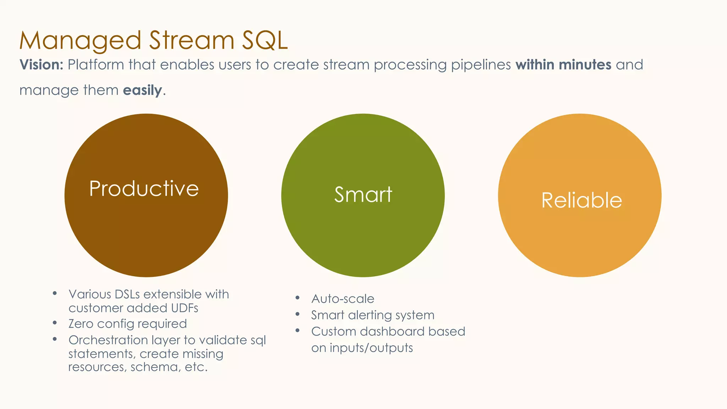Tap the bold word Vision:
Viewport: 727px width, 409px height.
coord(41,65)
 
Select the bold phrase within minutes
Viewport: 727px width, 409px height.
coord(563,65)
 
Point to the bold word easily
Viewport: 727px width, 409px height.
coord(142,90)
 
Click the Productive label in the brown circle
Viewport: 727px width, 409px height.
coord(144,189)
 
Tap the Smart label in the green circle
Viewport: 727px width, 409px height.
coord(363,195)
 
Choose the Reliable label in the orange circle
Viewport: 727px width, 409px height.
coord(581,200)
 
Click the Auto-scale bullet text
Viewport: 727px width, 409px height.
coord(343,299)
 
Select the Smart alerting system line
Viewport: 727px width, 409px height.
coord(373,315)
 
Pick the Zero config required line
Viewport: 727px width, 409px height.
coord(127,324)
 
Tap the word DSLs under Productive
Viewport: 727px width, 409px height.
coord(127,294)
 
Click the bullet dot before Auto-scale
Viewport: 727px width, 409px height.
coord(297,298)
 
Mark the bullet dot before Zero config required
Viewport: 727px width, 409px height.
coord(55,323)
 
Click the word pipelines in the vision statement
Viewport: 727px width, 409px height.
coord(481,65)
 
